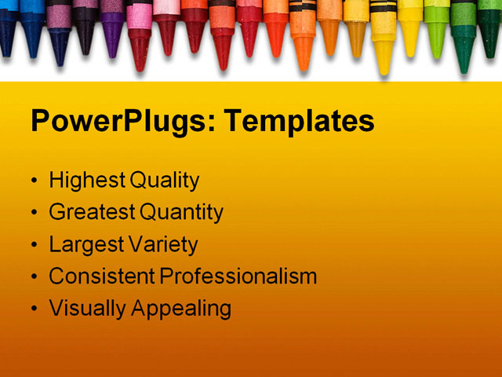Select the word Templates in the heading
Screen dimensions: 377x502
point(299,123)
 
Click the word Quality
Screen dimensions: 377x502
point(164,181)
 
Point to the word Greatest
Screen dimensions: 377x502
point(93,213)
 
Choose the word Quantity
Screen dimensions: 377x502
point(181,213)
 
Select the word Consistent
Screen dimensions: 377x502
point(102,276)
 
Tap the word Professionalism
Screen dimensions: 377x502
point(238,276)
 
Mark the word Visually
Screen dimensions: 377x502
point(87,309)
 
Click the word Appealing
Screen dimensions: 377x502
point(181,309)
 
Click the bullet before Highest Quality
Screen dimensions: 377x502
point(33,181)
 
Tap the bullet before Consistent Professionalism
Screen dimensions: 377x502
point(33,277)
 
